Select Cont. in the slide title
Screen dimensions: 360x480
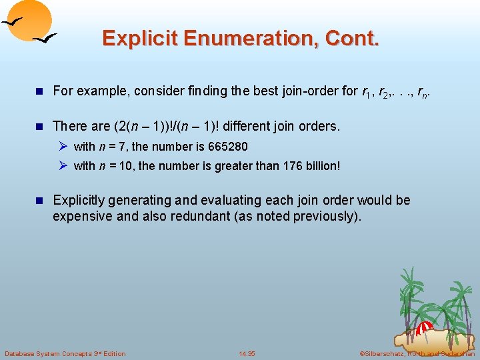pos(353,39)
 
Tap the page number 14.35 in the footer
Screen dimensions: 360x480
pos(247,353)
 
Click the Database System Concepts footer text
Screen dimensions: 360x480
pos(65,353)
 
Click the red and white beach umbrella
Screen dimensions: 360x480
pos(425,327)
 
